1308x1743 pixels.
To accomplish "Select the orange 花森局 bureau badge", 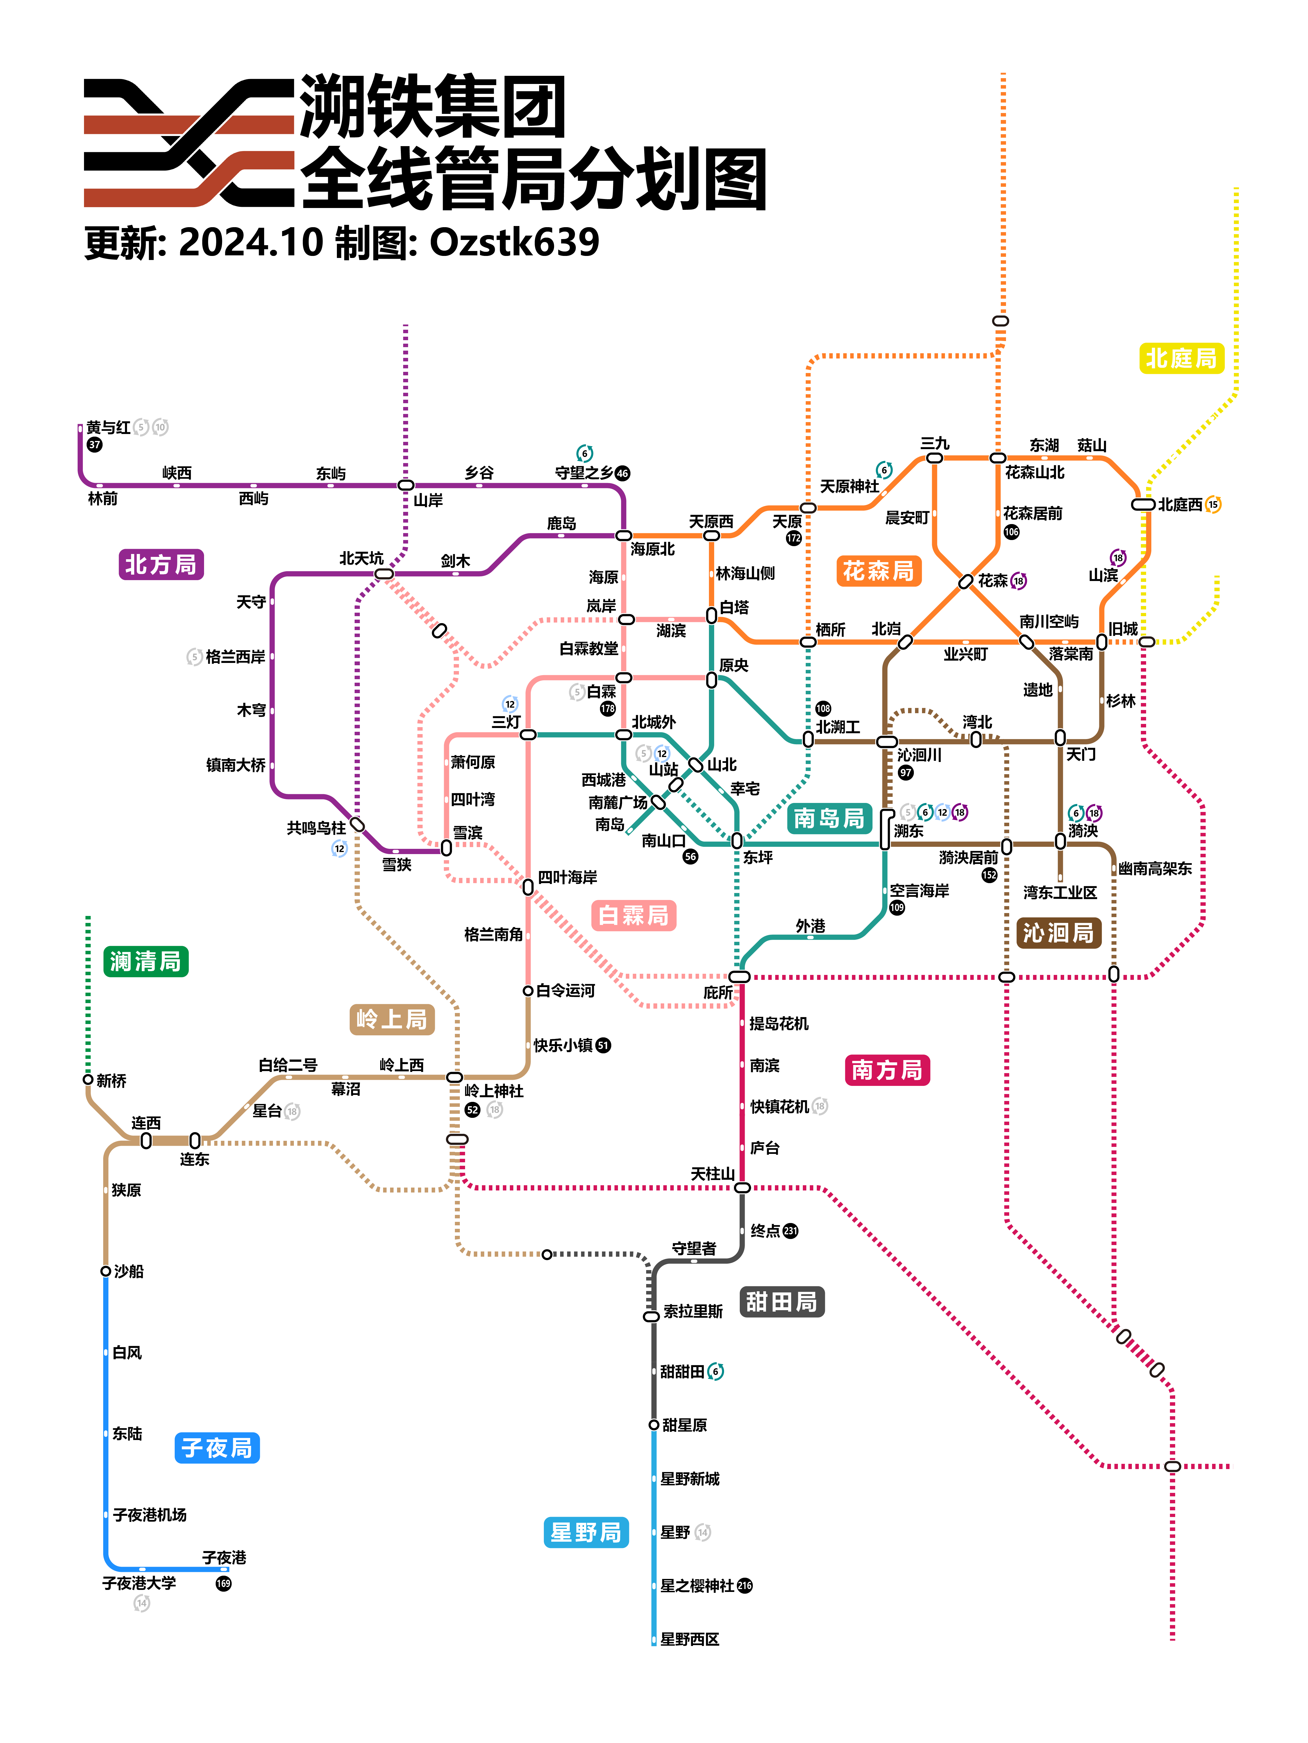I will point(878,571).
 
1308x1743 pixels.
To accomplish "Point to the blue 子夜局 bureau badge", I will point(217,1448).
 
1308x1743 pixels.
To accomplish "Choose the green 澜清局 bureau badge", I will point(146,961).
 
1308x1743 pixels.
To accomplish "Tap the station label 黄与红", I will point(108,427).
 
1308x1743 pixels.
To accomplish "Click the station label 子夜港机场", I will point(150,1514).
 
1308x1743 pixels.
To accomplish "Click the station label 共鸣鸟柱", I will point(316,827).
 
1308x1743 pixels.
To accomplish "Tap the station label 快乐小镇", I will point(563,1045).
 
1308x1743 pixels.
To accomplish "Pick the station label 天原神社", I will point(849,486).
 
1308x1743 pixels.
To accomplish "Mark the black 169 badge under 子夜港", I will point(224,1583).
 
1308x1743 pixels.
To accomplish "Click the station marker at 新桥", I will point(88,1079).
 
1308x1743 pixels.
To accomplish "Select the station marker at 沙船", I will point(106,1271).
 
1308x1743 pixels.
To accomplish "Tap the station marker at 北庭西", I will point(1143,504).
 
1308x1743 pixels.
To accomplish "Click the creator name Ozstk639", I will point(514,242).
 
